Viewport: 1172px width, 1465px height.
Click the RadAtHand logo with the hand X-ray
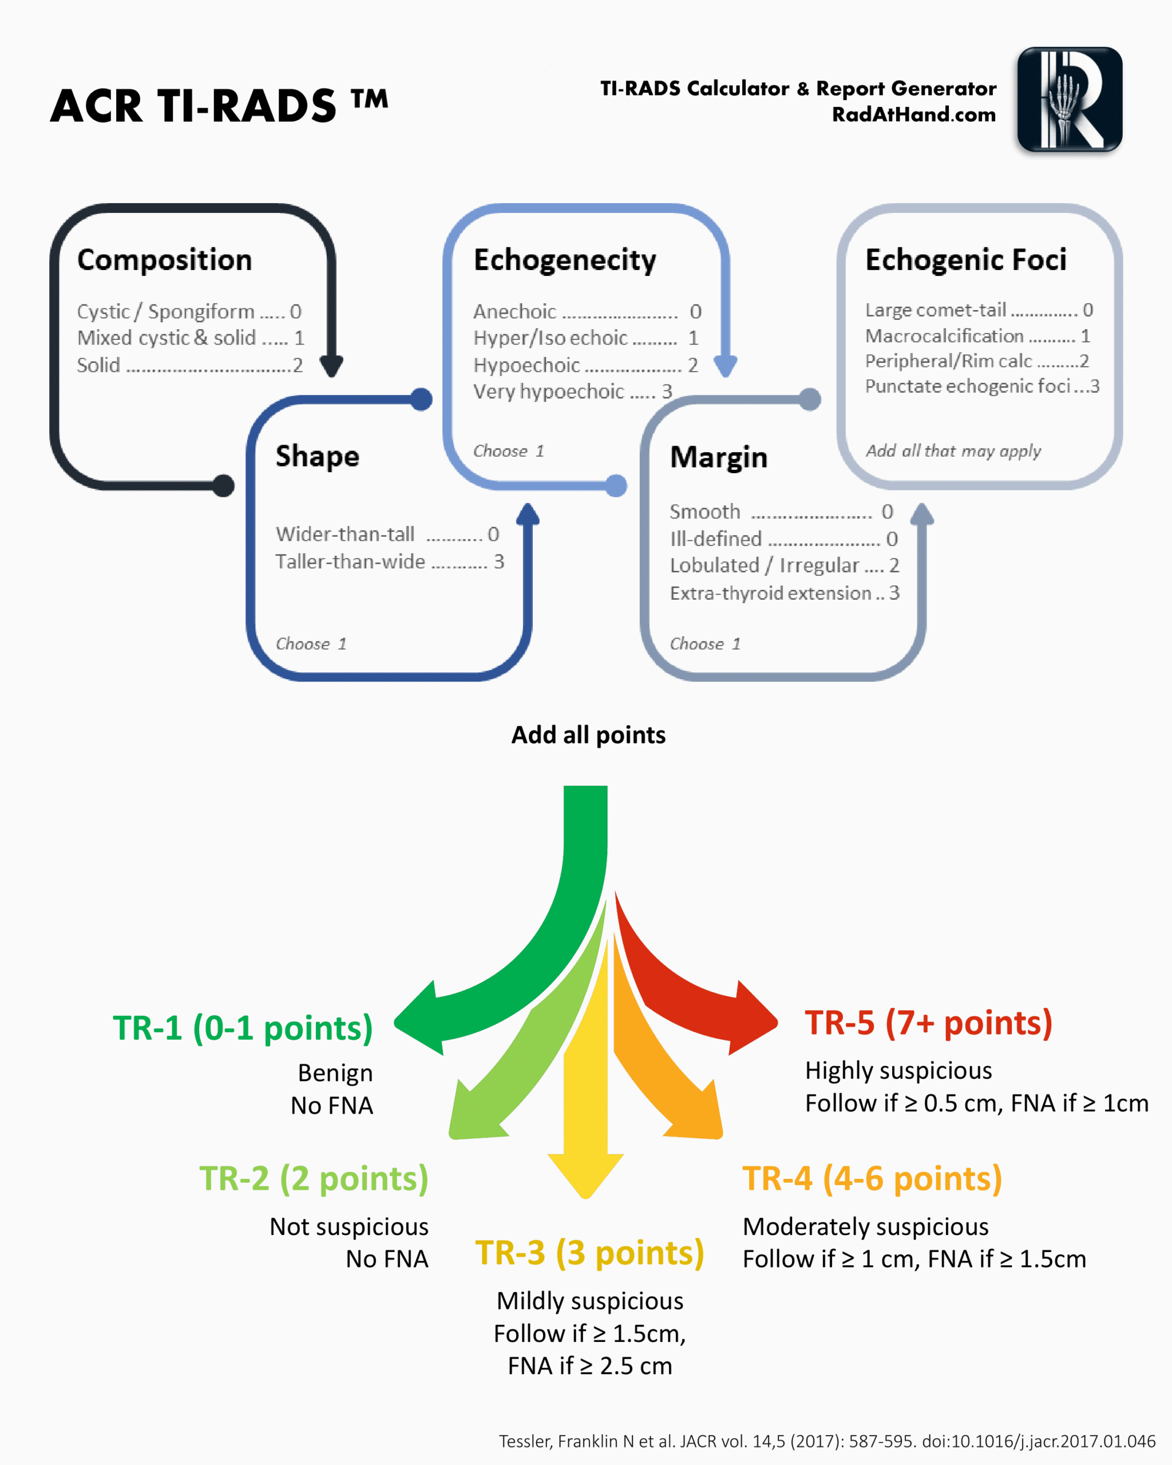(x=1069, y=99)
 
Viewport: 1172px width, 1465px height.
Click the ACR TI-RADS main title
(x=219, y=106)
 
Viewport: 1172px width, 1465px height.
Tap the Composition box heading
(x=164, y=260)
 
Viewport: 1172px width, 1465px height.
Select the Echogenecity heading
(x=565, y=260)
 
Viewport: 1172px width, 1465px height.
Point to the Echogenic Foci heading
(x=965, y=260)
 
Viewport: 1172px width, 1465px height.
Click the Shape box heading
(x=317, y=456)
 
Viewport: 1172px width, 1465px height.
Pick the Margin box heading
(x=718, y=457)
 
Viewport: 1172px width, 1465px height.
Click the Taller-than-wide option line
(x=389, y=561)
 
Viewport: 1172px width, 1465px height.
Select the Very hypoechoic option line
(x=572, y=391)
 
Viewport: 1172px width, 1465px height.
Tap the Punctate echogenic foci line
(x=982, y=386)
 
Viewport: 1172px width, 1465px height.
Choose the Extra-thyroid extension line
(x=784, y=593)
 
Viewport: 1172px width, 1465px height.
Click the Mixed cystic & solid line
(x=190, y=338)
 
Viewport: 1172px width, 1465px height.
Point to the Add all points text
(x=588, y=735)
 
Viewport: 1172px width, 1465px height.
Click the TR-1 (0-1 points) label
(x=243, y=1027)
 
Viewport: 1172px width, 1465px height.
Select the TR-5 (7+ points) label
(x=928, y=1023)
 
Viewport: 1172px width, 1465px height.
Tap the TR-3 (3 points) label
(x=589, y=1252)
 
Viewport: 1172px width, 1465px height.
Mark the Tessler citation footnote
(x=827, y=1441)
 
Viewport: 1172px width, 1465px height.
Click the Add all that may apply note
(x=953, y=450)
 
